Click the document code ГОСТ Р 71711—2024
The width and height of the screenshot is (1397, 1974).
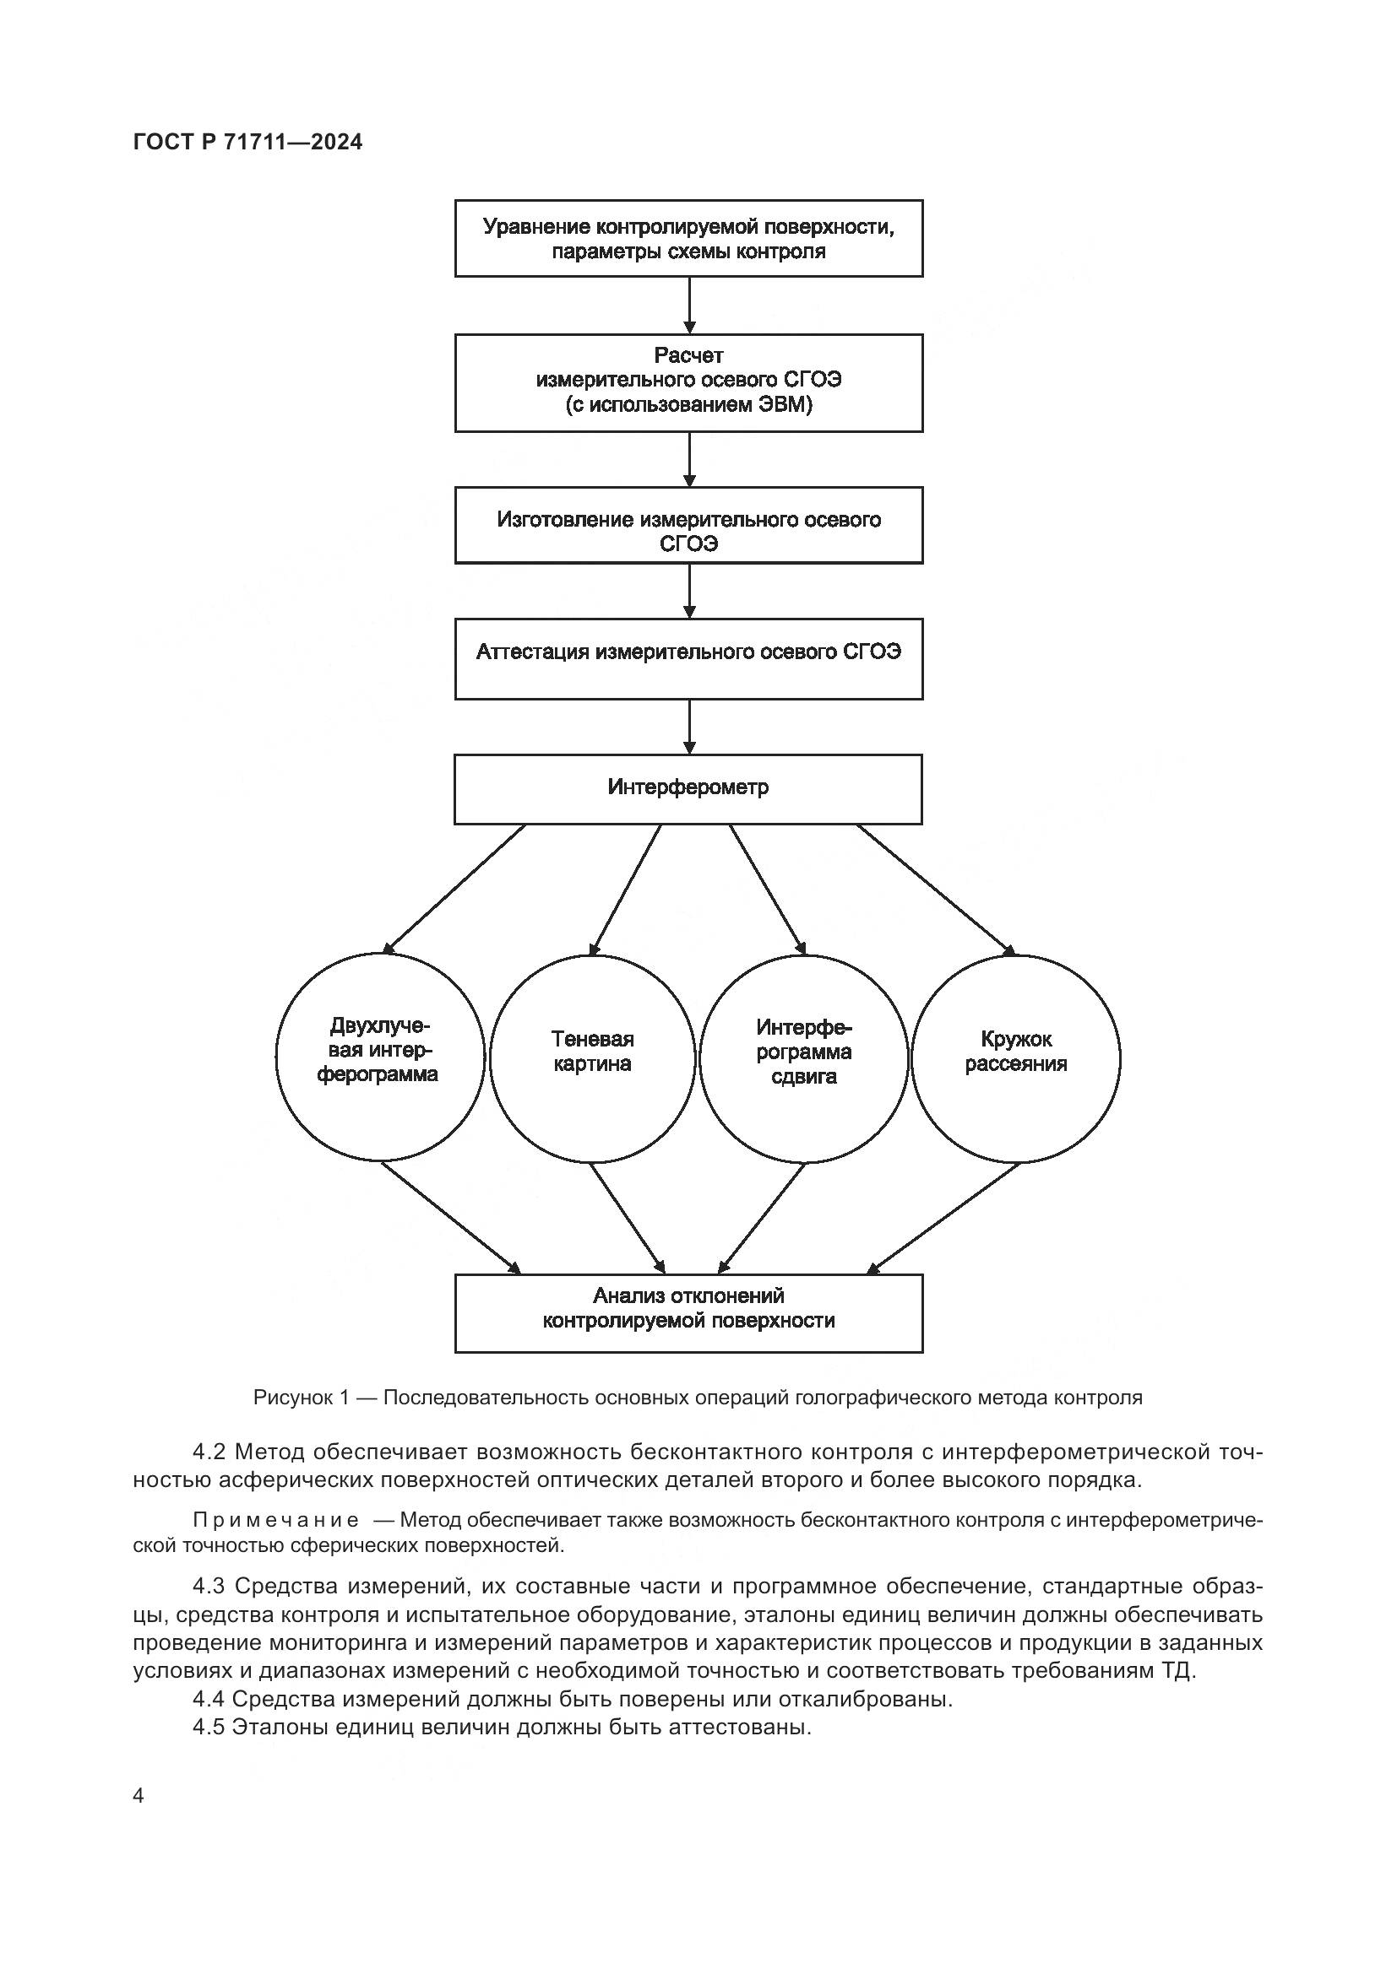point(247,142)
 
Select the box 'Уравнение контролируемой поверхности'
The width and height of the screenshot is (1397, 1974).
point(688,238)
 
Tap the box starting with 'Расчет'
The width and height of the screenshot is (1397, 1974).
point(688,382)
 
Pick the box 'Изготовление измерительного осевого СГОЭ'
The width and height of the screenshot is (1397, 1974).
point(688,525)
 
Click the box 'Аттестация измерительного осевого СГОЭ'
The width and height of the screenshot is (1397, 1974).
point(688,658)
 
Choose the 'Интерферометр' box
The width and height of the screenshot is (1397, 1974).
point(688,788)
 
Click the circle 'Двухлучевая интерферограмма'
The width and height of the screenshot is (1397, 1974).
point(379,1057)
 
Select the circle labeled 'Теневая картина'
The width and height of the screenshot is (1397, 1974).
point(592,1057)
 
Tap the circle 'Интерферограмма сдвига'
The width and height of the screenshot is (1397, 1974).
point(803,1057)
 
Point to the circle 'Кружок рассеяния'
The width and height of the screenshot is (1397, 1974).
point(1015,1057)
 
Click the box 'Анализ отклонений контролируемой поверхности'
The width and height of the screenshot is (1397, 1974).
point(688,1313)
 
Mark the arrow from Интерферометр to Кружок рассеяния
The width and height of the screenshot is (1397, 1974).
point(936,890)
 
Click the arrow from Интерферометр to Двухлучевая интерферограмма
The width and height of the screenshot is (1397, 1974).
point(454,890)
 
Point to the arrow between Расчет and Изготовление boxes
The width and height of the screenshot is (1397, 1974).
point(689,459)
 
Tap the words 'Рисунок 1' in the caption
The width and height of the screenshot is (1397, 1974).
point(301,1398)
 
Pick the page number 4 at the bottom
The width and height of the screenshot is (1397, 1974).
point(139,1795)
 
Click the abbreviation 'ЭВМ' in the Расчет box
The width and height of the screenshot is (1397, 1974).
point(780,405)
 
